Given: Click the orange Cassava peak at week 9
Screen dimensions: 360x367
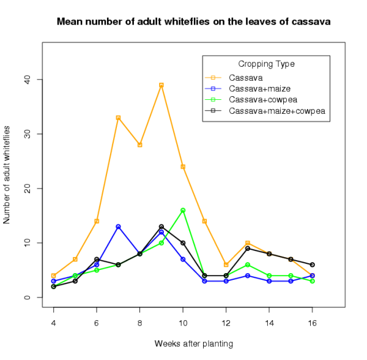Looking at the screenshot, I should point(161,85).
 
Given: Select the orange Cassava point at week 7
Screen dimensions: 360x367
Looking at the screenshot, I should point(118,118).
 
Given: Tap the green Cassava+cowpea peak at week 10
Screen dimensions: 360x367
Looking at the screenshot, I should point(183,210).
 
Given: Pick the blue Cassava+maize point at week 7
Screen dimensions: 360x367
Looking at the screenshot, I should point(118,227).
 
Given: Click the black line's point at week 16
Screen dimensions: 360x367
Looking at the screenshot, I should point(313,264).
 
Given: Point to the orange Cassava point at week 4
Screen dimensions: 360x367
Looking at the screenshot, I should point(54,276).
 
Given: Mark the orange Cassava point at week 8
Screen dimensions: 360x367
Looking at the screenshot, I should point(139,145).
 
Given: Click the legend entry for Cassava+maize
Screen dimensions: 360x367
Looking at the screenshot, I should point(254,88).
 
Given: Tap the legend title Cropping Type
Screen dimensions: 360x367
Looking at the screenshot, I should point(267,64).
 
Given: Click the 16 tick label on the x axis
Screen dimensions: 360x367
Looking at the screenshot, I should point(313,323).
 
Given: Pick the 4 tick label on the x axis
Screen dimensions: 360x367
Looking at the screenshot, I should point(54,323).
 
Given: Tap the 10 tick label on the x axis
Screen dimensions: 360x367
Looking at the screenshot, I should point(183,323).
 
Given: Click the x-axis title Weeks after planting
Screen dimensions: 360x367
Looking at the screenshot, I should point(193,343).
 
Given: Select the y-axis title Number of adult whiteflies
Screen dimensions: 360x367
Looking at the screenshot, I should point(7,174).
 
